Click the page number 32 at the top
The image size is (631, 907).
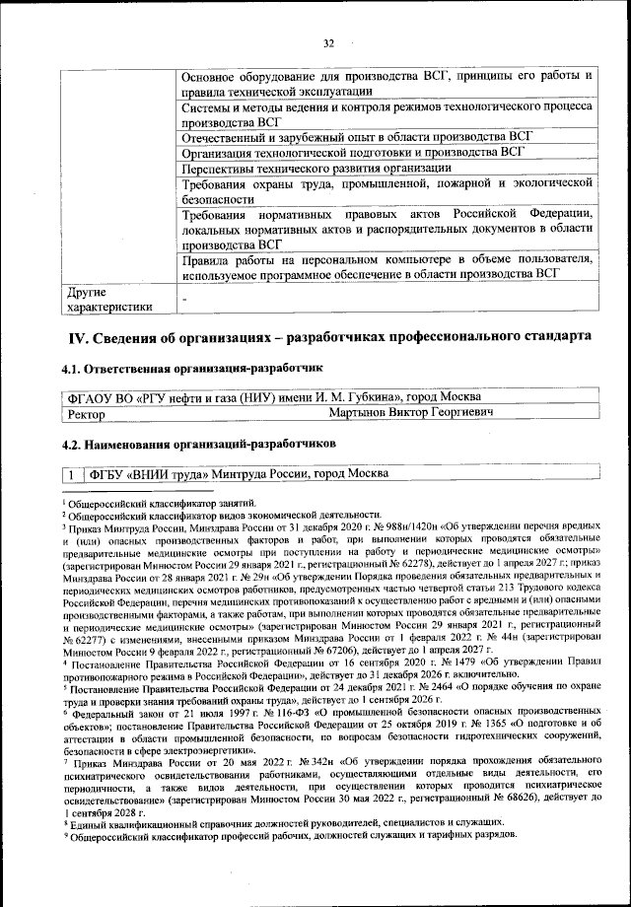[329, 41]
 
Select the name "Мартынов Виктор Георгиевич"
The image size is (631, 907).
[410, 415]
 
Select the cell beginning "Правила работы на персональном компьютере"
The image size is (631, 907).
[386, 266]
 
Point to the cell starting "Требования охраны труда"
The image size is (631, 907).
[386, 191]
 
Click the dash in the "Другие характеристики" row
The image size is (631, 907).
[183, 299]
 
